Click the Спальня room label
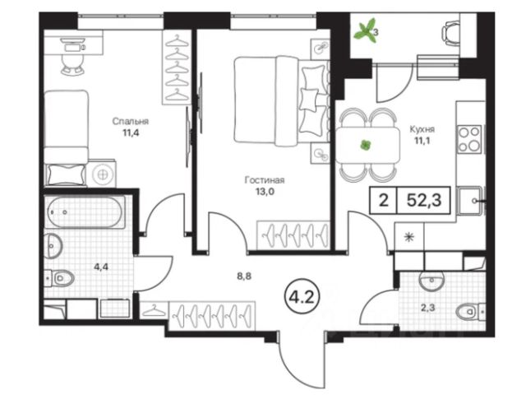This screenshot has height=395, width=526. click(x=130, y=121)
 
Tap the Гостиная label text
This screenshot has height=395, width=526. click(x=265, y=180)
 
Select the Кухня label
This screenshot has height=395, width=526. click(x=422, y=129)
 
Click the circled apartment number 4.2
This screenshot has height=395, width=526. click(x=302, y=297)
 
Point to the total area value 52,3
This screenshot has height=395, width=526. click(x=424, y=200)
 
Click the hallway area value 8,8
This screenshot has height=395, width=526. click(x=244, y=276)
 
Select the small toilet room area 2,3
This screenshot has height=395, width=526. click(x=428, y=308)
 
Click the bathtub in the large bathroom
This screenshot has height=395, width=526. click(x=85, y=212)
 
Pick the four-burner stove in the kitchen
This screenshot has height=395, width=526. click(x=470, y=139)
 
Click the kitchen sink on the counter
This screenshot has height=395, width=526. click(x=469, y=201)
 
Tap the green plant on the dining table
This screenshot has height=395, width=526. click(x=365, y=146)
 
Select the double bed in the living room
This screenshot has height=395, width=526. click(x=280, y=101)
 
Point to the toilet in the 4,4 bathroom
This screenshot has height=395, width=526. click(x=60, y=278)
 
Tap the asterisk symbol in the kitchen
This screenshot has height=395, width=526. click(x=409, y=237)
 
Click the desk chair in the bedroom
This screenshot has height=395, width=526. click(x=72, y=63)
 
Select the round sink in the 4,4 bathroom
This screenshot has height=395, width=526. click(x=53, y=246)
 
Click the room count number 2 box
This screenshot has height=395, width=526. click(x=384, y=200)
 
